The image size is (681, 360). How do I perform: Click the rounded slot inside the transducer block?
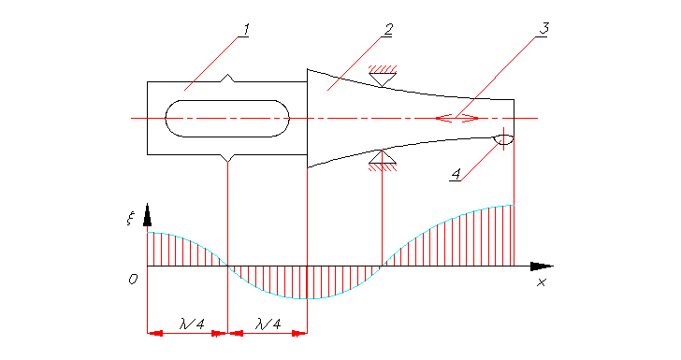point(227,119)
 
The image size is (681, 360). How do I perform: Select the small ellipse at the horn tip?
point(504,140)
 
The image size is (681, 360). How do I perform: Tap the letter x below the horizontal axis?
point(541,282)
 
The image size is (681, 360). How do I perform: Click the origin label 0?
point(134,279)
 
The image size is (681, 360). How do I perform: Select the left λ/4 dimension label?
point(187,324)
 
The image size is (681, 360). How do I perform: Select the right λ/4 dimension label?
point(268,324)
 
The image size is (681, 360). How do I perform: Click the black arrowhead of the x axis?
point(543,266)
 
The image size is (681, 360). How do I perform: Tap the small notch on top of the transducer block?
point(227,79)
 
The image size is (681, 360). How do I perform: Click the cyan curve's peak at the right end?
point(512,206)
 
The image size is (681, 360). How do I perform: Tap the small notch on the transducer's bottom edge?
point(227,157)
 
